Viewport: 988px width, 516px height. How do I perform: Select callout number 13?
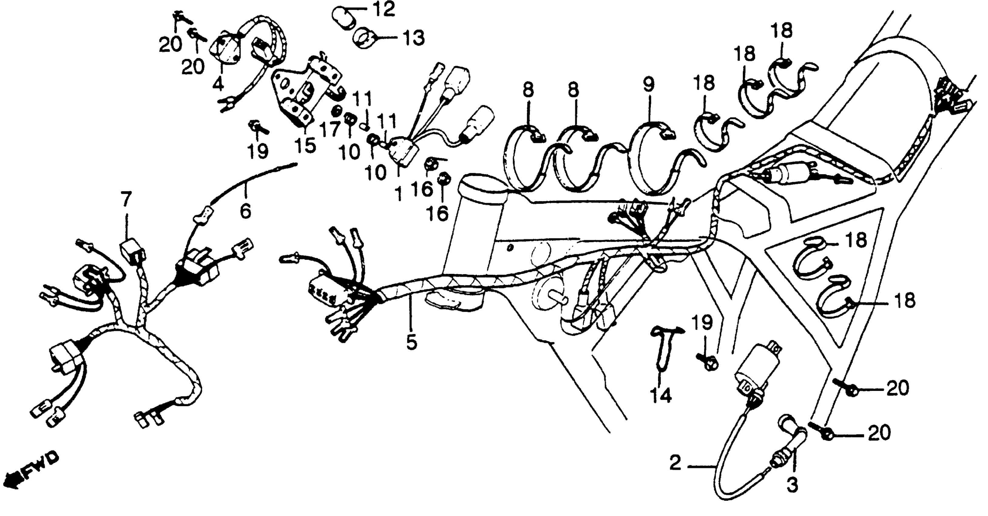413,38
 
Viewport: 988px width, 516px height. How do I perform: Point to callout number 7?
126,199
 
